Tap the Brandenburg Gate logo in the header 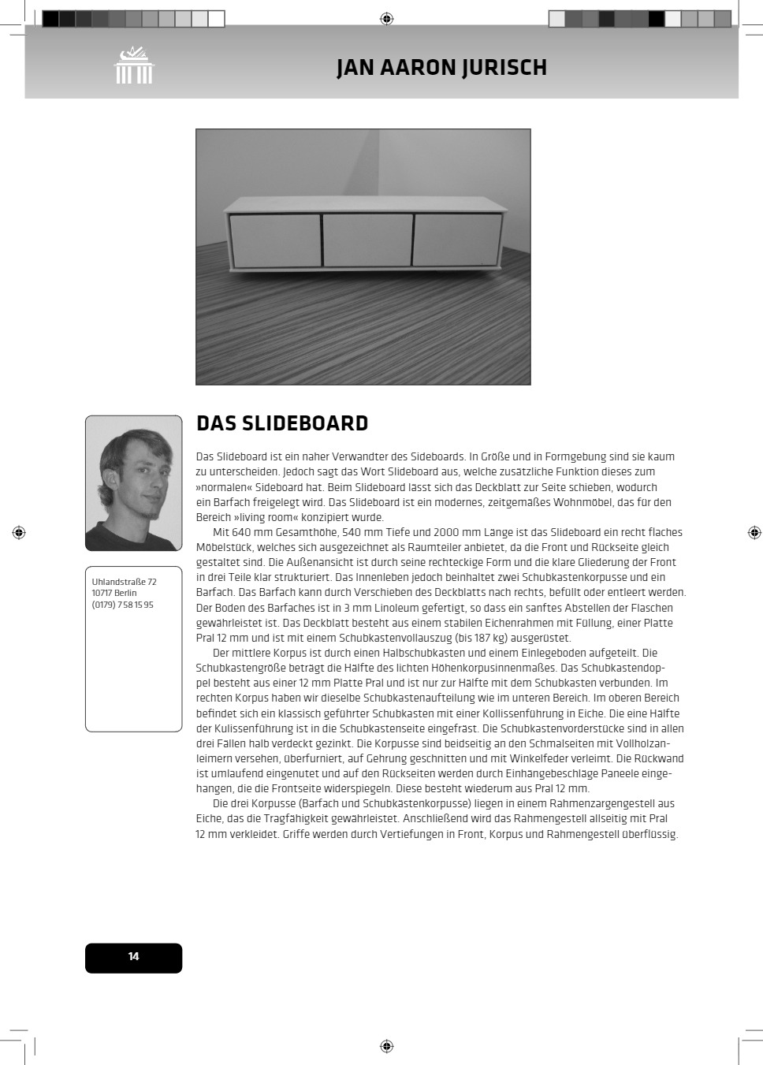point(134,65)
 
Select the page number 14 point(133,957)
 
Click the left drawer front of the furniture point(275,240)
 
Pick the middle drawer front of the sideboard point(367,240)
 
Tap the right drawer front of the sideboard point(457,239)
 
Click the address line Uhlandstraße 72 point(124,582)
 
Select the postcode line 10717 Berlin point(114,593)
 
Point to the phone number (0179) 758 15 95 point(123,605)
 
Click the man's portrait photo point(133,482)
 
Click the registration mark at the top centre point(386,18)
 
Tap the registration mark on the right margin point(754,533)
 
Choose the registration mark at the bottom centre point(386,1046)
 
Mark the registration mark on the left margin point(19,533)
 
